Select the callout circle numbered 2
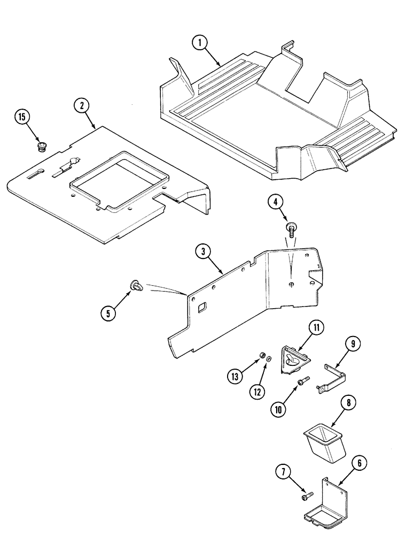coord(81,106)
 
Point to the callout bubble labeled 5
coord(108,314)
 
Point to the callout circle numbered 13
coord(233,376)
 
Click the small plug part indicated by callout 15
coord(41,146)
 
